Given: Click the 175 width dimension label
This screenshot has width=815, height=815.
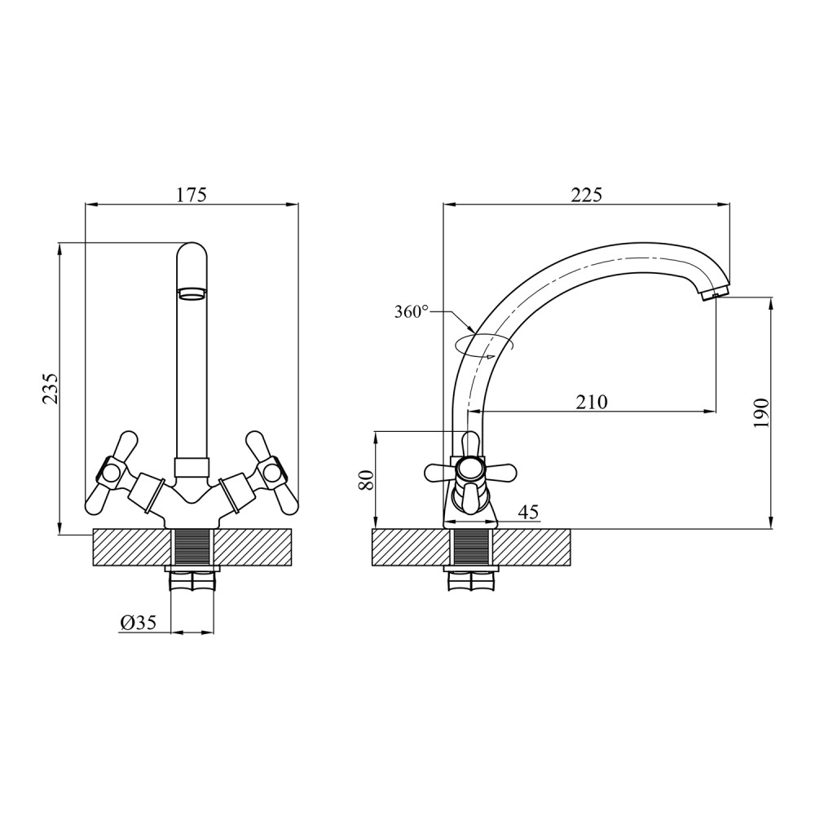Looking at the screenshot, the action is pyautogui.click(x=192, y=195).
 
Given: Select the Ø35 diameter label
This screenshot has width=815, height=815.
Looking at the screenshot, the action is pyautogui.click(x=139, y=622).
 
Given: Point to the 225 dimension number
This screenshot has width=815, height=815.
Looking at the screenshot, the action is pyautogui.click(x=586, y=195).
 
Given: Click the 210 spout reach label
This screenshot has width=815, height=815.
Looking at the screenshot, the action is pyautogui.click(x=592, y=402).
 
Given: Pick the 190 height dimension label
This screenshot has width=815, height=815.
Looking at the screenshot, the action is pyautogui.click(x=760, y=413).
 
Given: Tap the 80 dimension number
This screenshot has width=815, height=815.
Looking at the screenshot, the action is pyautogui.click(x=367, y=478).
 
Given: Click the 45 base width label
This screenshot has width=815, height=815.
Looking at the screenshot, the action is pyautogui.click(x=529, y=512).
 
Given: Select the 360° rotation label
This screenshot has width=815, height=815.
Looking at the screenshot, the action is pyautogui.click(x=411, y=312).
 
